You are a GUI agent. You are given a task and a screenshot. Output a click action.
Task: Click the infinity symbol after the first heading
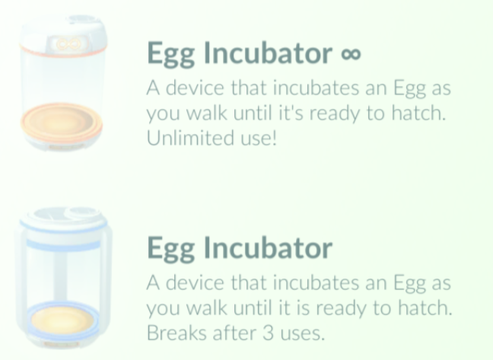click(351, 54)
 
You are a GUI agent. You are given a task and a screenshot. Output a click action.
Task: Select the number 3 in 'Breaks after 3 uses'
click(268, 333)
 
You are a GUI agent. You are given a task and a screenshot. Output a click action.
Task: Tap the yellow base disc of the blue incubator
click(62, 320)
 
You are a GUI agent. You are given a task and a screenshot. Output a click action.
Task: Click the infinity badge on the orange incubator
click(67, 44)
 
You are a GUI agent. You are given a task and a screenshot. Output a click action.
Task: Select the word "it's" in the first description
click(291, 113)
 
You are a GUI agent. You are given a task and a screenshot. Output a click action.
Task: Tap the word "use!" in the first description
click(259, 138)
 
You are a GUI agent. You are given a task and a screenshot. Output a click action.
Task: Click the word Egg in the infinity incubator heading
click(170, 53)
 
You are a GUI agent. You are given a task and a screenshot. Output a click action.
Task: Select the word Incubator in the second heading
click(269, 247)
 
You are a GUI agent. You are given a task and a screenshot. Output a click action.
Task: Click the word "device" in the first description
click(195, 88)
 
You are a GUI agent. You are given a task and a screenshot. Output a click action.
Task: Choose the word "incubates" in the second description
click(316, 282)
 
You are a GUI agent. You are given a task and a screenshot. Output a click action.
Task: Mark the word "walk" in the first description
click(207, 113)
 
